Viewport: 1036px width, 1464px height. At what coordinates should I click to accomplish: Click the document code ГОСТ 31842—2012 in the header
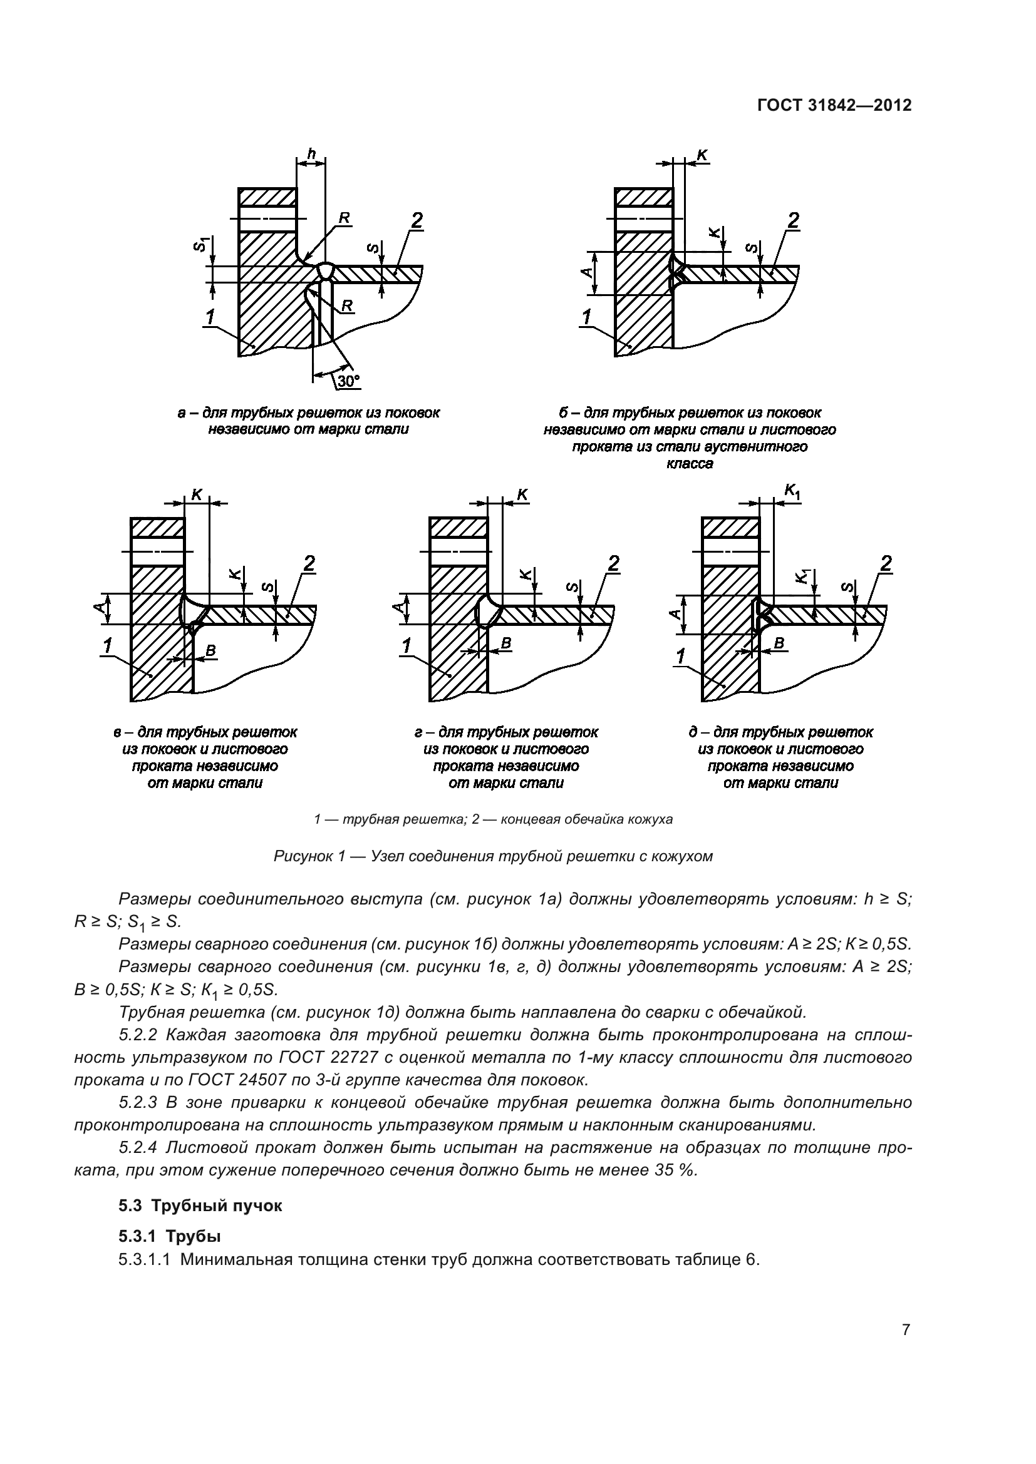pos(834,106)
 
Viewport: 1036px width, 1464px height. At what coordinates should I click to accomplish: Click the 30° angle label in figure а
pos(348,381)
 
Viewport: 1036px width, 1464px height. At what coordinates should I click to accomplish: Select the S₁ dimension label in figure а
pos(202,243)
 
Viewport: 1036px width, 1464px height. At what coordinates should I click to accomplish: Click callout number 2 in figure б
pos(793,220)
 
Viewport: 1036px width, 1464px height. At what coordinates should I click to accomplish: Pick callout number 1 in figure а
pos(210,316)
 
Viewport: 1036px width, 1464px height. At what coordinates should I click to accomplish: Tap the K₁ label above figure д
pos(792,490)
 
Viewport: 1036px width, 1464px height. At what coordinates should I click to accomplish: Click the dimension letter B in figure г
pos(506,643)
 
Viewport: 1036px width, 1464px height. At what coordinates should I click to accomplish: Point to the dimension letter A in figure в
pos(99,608)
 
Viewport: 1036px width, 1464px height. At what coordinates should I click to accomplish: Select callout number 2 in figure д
pos(886,564)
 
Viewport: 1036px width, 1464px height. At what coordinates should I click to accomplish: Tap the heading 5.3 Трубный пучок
pos(200,1205)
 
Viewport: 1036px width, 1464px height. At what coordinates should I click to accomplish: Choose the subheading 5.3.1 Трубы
pos(170,1236)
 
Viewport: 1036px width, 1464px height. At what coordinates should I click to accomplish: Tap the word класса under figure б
pos(690,464)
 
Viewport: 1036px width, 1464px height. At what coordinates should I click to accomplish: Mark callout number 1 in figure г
pos(406,647)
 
